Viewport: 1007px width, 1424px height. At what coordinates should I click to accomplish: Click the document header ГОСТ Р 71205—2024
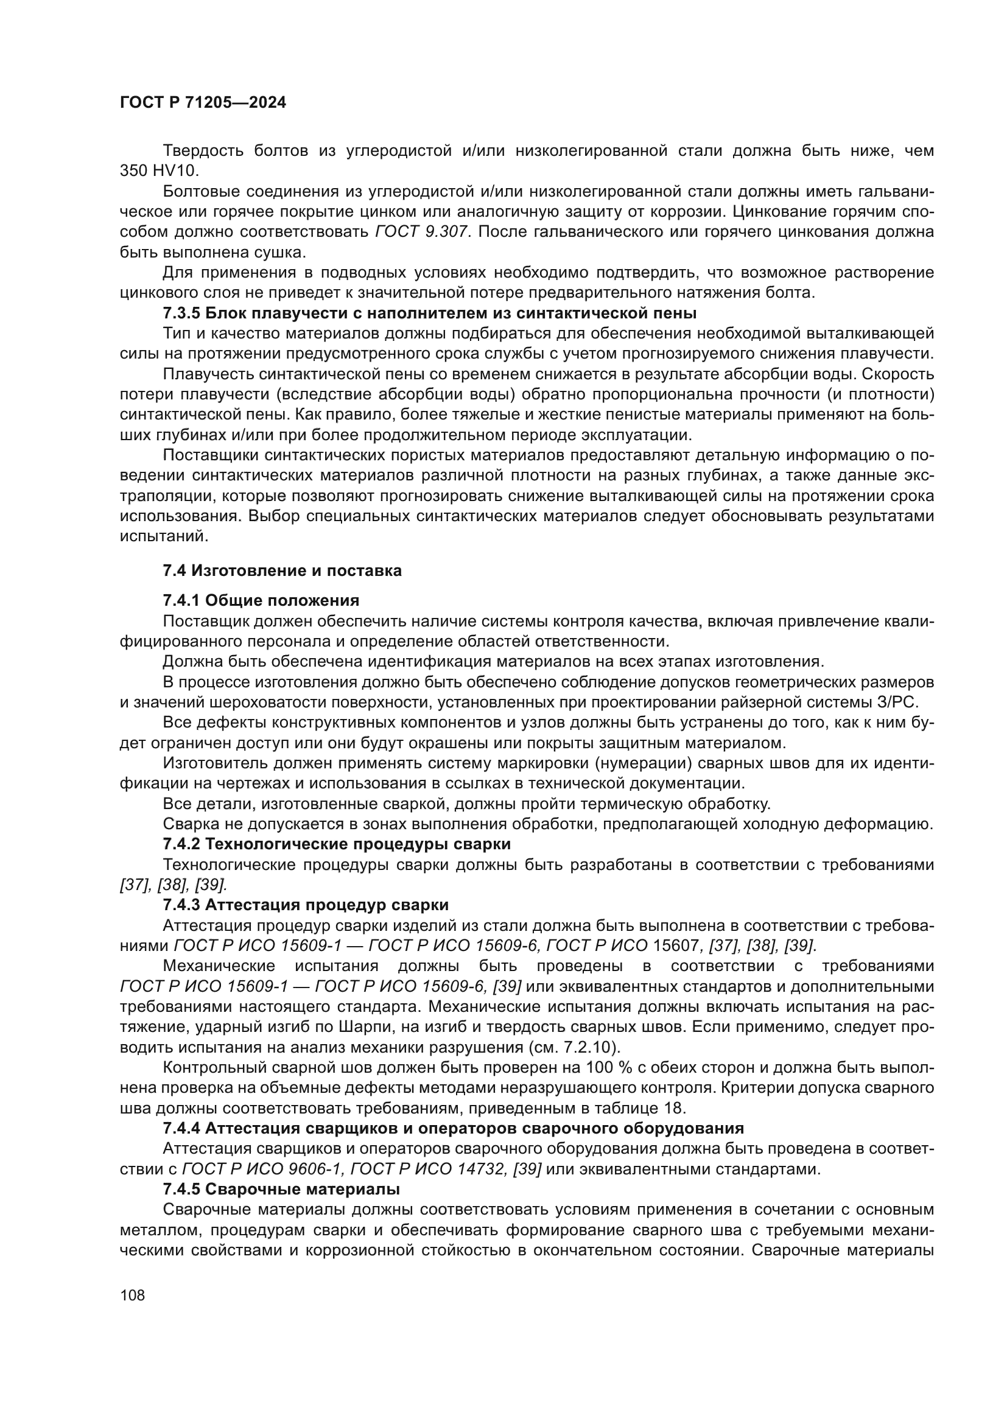tap(203, 103)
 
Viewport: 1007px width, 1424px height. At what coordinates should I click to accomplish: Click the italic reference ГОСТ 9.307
tap(422, 232)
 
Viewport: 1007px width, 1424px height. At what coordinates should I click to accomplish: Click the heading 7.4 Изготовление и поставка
tap(282, 570)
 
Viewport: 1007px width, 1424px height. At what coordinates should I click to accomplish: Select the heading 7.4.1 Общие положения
tap(261, 600)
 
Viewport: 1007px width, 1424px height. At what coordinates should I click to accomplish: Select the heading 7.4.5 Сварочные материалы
tap(281, 1189)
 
